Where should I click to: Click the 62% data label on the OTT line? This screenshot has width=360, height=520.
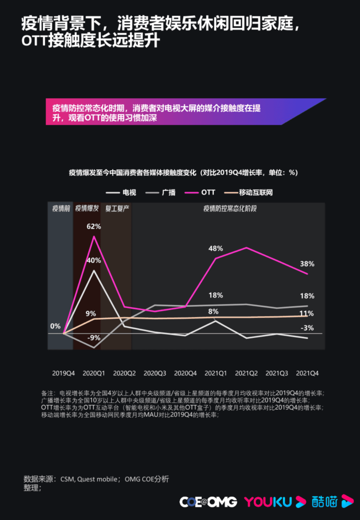point(94,226)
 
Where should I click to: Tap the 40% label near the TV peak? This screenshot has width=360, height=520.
point(94,260)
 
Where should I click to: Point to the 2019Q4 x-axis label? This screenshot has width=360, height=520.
point(63,373)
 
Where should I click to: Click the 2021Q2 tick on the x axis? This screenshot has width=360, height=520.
point(246,373)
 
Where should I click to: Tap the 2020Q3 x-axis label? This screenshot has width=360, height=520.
point(155,373)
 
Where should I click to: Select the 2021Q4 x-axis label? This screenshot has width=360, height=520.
point(307,373)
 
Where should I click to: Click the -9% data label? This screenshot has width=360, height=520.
point(94,338)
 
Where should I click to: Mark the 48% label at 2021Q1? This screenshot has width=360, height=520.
point(216,248)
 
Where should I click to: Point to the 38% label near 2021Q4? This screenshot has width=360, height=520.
point(307,264)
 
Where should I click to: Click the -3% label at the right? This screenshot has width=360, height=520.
point(307,328)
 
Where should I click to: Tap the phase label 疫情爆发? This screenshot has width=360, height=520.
point(87,209)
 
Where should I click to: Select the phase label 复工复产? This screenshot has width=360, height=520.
point(117,209)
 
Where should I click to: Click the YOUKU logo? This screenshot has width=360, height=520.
point(268,502)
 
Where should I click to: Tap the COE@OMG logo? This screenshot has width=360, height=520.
point(208,502)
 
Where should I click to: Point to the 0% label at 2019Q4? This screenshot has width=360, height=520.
point(55,326)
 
